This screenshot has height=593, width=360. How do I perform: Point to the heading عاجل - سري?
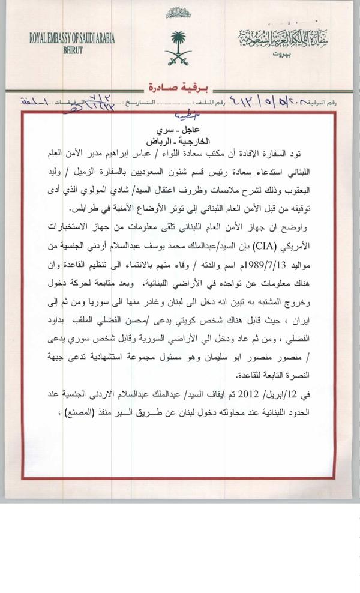click(x=180, y=130)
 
